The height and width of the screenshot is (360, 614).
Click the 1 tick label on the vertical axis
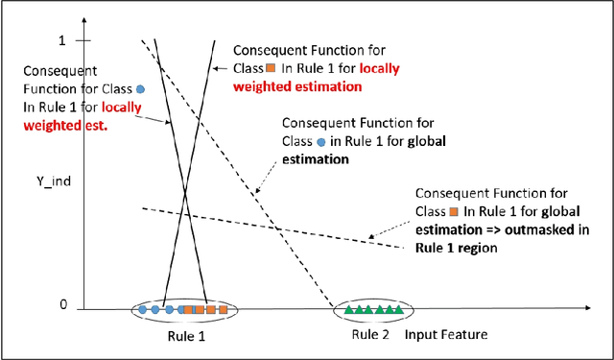62,40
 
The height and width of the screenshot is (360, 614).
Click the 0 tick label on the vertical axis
64,304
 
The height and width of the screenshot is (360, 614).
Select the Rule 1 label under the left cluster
182,336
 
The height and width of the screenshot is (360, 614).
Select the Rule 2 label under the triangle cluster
368,334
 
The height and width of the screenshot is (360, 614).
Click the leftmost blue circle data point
142,310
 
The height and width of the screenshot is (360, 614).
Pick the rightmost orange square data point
224,310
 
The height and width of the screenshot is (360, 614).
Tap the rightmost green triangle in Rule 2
398,310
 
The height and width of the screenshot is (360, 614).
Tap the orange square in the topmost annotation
272,68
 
